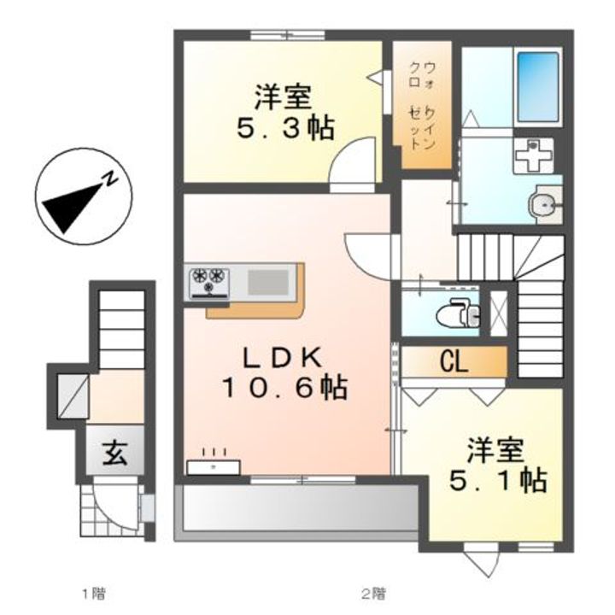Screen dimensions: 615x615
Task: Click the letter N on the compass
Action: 110,179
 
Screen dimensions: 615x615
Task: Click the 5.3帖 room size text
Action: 284,129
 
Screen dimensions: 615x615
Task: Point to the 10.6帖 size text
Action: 284,389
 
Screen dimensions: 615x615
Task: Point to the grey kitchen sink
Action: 269,279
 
